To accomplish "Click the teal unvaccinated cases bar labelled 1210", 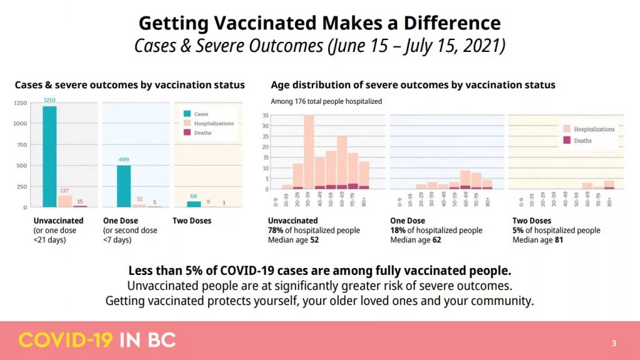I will pyautogui.click(x=49, y=156).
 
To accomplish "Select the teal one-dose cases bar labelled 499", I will pyautogui.click(x=124, y=186).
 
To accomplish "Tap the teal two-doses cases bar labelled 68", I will pyautogui.click(x=194, y=204).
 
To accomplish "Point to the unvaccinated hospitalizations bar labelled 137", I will pyautogui.click(x=65, y=201).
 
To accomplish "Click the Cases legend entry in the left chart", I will pyautogui.click(x=201, y=114).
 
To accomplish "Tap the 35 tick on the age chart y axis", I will pyautogui.click(x=265, y=116).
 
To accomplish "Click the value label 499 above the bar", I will pyautogui.click(x=124, y=160).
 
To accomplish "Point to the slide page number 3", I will pyautogui.click(x=614, y=343).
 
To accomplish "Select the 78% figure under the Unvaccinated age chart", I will pyautogui.click(x=276, y=231).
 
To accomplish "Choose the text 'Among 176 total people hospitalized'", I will pyautogui.click(x=326, y=101).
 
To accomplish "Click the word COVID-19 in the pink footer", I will pyautogui.click(x=65, y=341).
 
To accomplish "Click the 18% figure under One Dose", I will pyautogui.click(x=397, y=231).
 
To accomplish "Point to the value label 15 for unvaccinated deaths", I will pyautogui.click(x=80, y=201).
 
